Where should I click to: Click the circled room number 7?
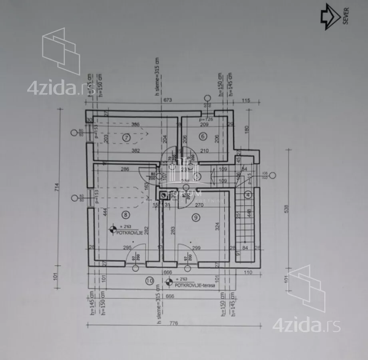point(126,137)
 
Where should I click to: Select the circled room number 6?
point(203,136)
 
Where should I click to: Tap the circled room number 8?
point(126,215)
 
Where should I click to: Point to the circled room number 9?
point(195,218)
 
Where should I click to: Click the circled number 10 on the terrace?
point(149,281)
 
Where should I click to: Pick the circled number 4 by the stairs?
point(248,195)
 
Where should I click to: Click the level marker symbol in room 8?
point(113,230)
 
